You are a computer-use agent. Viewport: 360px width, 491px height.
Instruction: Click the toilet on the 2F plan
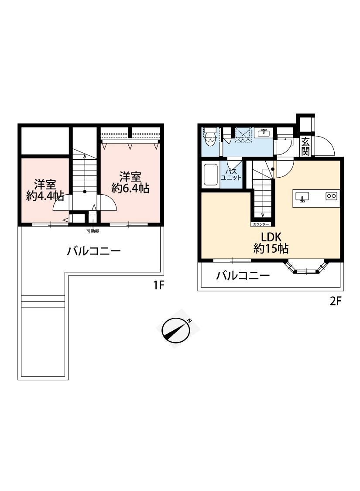pyautogui.click(x=210, y=138)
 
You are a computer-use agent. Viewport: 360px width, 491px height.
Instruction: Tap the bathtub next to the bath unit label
pyautogui.click(x=211, y=175)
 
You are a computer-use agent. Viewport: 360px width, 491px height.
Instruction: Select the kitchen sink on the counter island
pyautogui.click(x=302, y=197)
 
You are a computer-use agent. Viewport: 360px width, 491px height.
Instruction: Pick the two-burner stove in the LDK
pyautogui.click(x=332, y=196)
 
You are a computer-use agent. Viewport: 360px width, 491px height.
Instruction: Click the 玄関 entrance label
pyautogui.click(x=305, y=146)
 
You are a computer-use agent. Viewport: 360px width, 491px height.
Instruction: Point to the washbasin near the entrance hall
pyautogui.click(x=264, y=133)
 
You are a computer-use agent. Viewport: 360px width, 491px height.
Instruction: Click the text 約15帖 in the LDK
pyautogui.click(x=271, y=249)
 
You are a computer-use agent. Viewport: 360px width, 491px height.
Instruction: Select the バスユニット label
pyautogui.click(x=231, y=175)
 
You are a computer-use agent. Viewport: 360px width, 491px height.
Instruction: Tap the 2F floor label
pyautogui.click(x=335, y=301)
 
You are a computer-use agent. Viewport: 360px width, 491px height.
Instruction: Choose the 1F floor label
pyautogui.click(x=158, y=285)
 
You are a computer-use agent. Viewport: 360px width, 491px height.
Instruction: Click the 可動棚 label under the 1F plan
pyautogui.click(x=93, y=231)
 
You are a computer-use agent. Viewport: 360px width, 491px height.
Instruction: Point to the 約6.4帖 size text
pyautogui.click(x=130, y=188)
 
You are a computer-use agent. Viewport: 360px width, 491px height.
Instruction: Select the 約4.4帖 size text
pyautogui.click(x=45, y=196)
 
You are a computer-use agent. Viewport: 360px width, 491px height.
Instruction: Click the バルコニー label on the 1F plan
pyautogui.click(x=94, y=251)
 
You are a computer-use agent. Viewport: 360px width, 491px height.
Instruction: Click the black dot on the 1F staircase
pyautogui.click(x=85, y=192)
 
